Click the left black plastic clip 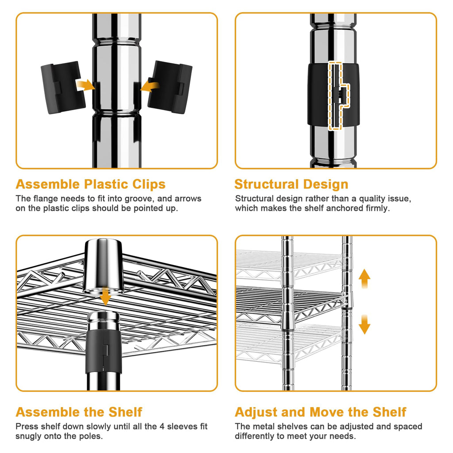click(63, 87)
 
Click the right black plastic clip click(170, 87)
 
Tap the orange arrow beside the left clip click(85, 85)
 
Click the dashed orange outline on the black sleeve click(339, 96)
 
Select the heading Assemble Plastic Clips click(90, 184)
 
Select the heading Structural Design click(291, 184)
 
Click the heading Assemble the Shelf click(79, 412)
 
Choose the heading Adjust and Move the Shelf click(320, 412)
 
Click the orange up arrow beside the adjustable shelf click(365, 279)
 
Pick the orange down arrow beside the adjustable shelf click(365, 324)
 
